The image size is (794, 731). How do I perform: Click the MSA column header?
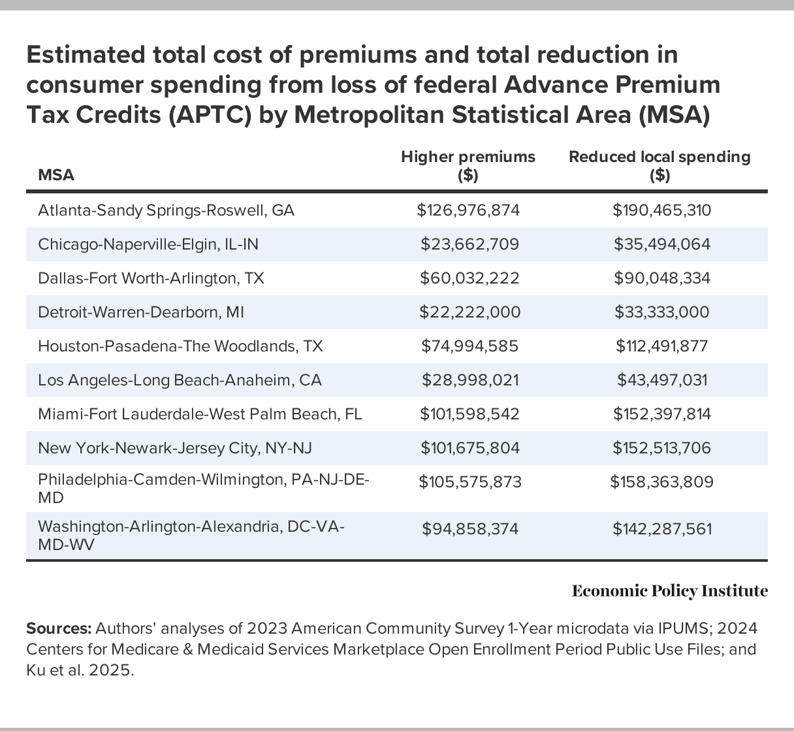56,175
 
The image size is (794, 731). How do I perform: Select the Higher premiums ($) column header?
468,166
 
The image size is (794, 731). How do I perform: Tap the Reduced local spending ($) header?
659,166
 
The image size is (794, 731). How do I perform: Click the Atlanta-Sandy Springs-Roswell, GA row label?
166,210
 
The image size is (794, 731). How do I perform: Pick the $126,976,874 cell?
469,210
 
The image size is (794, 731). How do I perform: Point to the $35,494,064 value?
661,244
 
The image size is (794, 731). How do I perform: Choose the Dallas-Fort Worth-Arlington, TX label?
151,278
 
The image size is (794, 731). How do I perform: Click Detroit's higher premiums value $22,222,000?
469,312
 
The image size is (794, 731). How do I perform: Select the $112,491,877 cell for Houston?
661,346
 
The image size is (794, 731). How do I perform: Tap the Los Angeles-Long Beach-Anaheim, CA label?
180,380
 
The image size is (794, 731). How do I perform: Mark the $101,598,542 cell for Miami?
469,414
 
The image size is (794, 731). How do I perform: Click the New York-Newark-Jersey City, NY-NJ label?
175,448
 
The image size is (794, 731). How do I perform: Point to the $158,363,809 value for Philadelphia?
661,482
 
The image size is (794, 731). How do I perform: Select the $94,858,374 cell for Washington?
469,528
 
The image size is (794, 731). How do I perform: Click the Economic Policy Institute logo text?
669,591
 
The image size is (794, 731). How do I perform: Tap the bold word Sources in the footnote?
58,628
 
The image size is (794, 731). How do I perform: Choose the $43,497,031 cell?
661,380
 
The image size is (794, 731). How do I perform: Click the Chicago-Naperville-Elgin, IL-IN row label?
148,244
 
